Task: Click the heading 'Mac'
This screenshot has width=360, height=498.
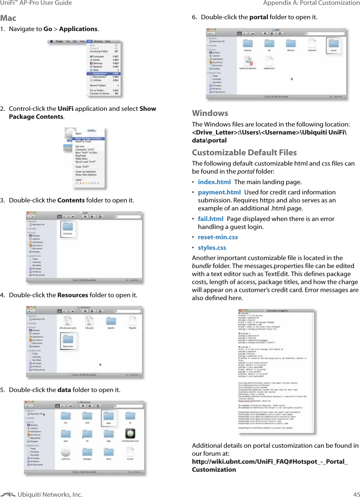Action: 8,18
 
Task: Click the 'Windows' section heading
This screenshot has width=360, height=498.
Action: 210,113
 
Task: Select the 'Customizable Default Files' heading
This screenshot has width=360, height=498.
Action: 244,153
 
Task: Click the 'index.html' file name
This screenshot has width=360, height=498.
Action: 214,182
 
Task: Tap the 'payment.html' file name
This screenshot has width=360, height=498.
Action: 219,192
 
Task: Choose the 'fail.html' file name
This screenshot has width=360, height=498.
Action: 211,219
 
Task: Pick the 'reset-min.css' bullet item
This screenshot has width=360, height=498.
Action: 218,237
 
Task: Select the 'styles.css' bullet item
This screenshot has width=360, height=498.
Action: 212,248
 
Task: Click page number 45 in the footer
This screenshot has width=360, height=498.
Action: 356,494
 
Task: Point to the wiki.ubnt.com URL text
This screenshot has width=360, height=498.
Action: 269,462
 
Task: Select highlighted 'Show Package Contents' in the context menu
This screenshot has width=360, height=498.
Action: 88,139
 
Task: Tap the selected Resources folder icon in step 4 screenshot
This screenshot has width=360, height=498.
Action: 68,340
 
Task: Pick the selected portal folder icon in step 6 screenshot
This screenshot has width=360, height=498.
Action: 333,44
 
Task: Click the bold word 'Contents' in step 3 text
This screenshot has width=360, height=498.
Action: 71,200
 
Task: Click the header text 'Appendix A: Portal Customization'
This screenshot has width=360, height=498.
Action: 311,3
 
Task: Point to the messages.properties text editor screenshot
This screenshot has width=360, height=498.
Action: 276,371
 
